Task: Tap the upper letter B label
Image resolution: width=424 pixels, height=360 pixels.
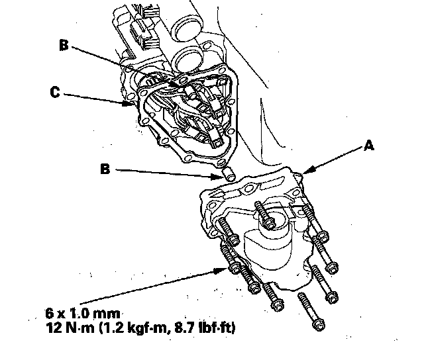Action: [64, 45]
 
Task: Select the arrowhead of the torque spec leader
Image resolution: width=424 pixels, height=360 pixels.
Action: [226, 267]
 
